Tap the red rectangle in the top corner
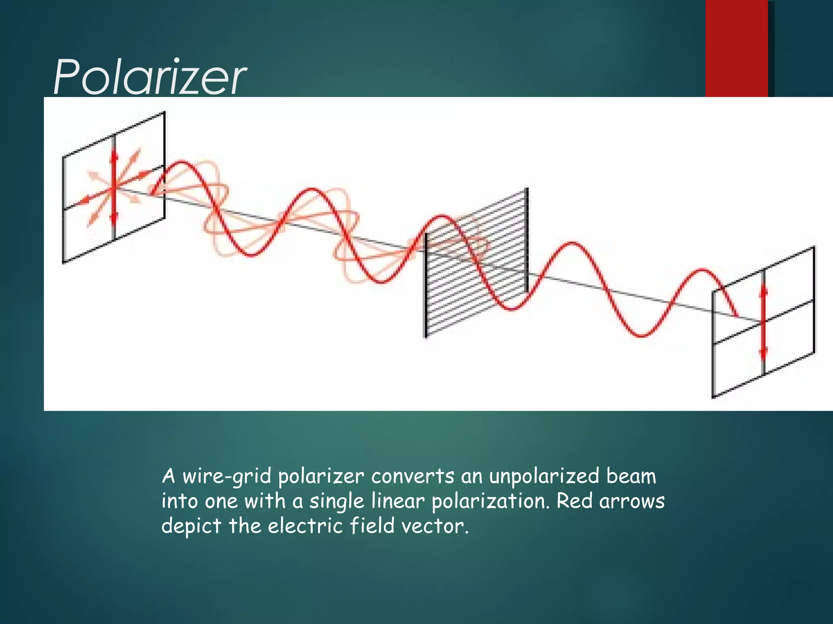pos(736,48)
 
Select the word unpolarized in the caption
pos(544,477)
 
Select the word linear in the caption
pos(398,501)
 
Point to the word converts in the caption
pos(412,477)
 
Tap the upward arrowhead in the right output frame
pos(763,290)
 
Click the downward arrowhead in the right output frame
pos(763,351)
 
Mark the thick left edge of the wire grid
pos(426,284)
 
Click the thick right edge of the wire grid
pos(527,240)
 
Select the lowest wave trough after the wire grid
pos(642,336)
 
